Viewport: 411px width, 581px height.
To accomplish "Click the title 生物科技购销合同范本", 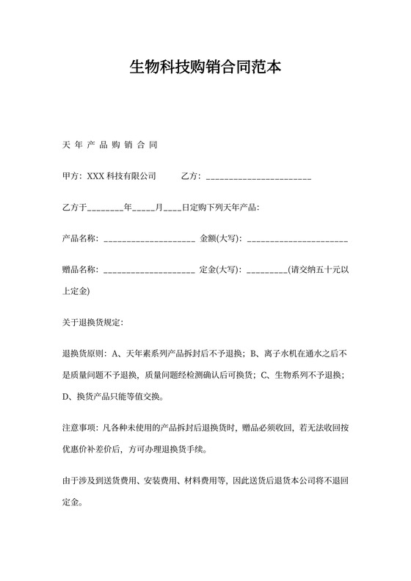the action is coord(205,68).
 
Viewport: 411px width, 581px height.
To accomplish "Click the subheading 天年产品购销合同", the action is coord(110,145).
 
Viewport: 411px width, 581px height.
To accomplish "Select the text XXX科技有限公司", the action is coord(122,176).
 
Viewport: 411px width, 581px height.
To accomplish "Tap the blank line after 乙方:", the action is coord(258,177).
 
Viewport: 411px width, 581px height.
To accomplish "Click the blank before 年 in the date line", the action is coord(106,208).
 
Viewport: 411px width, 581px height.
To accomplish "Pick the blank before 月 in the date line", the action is coord(143,208).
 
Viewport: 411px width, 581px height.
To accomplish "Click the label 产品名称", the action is coord(79,239).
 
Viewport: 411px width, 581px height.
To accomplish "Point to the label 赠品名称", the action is coord(79,271).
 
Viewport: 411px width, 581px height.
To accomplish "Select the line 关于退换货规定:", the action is coord(93,323).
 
